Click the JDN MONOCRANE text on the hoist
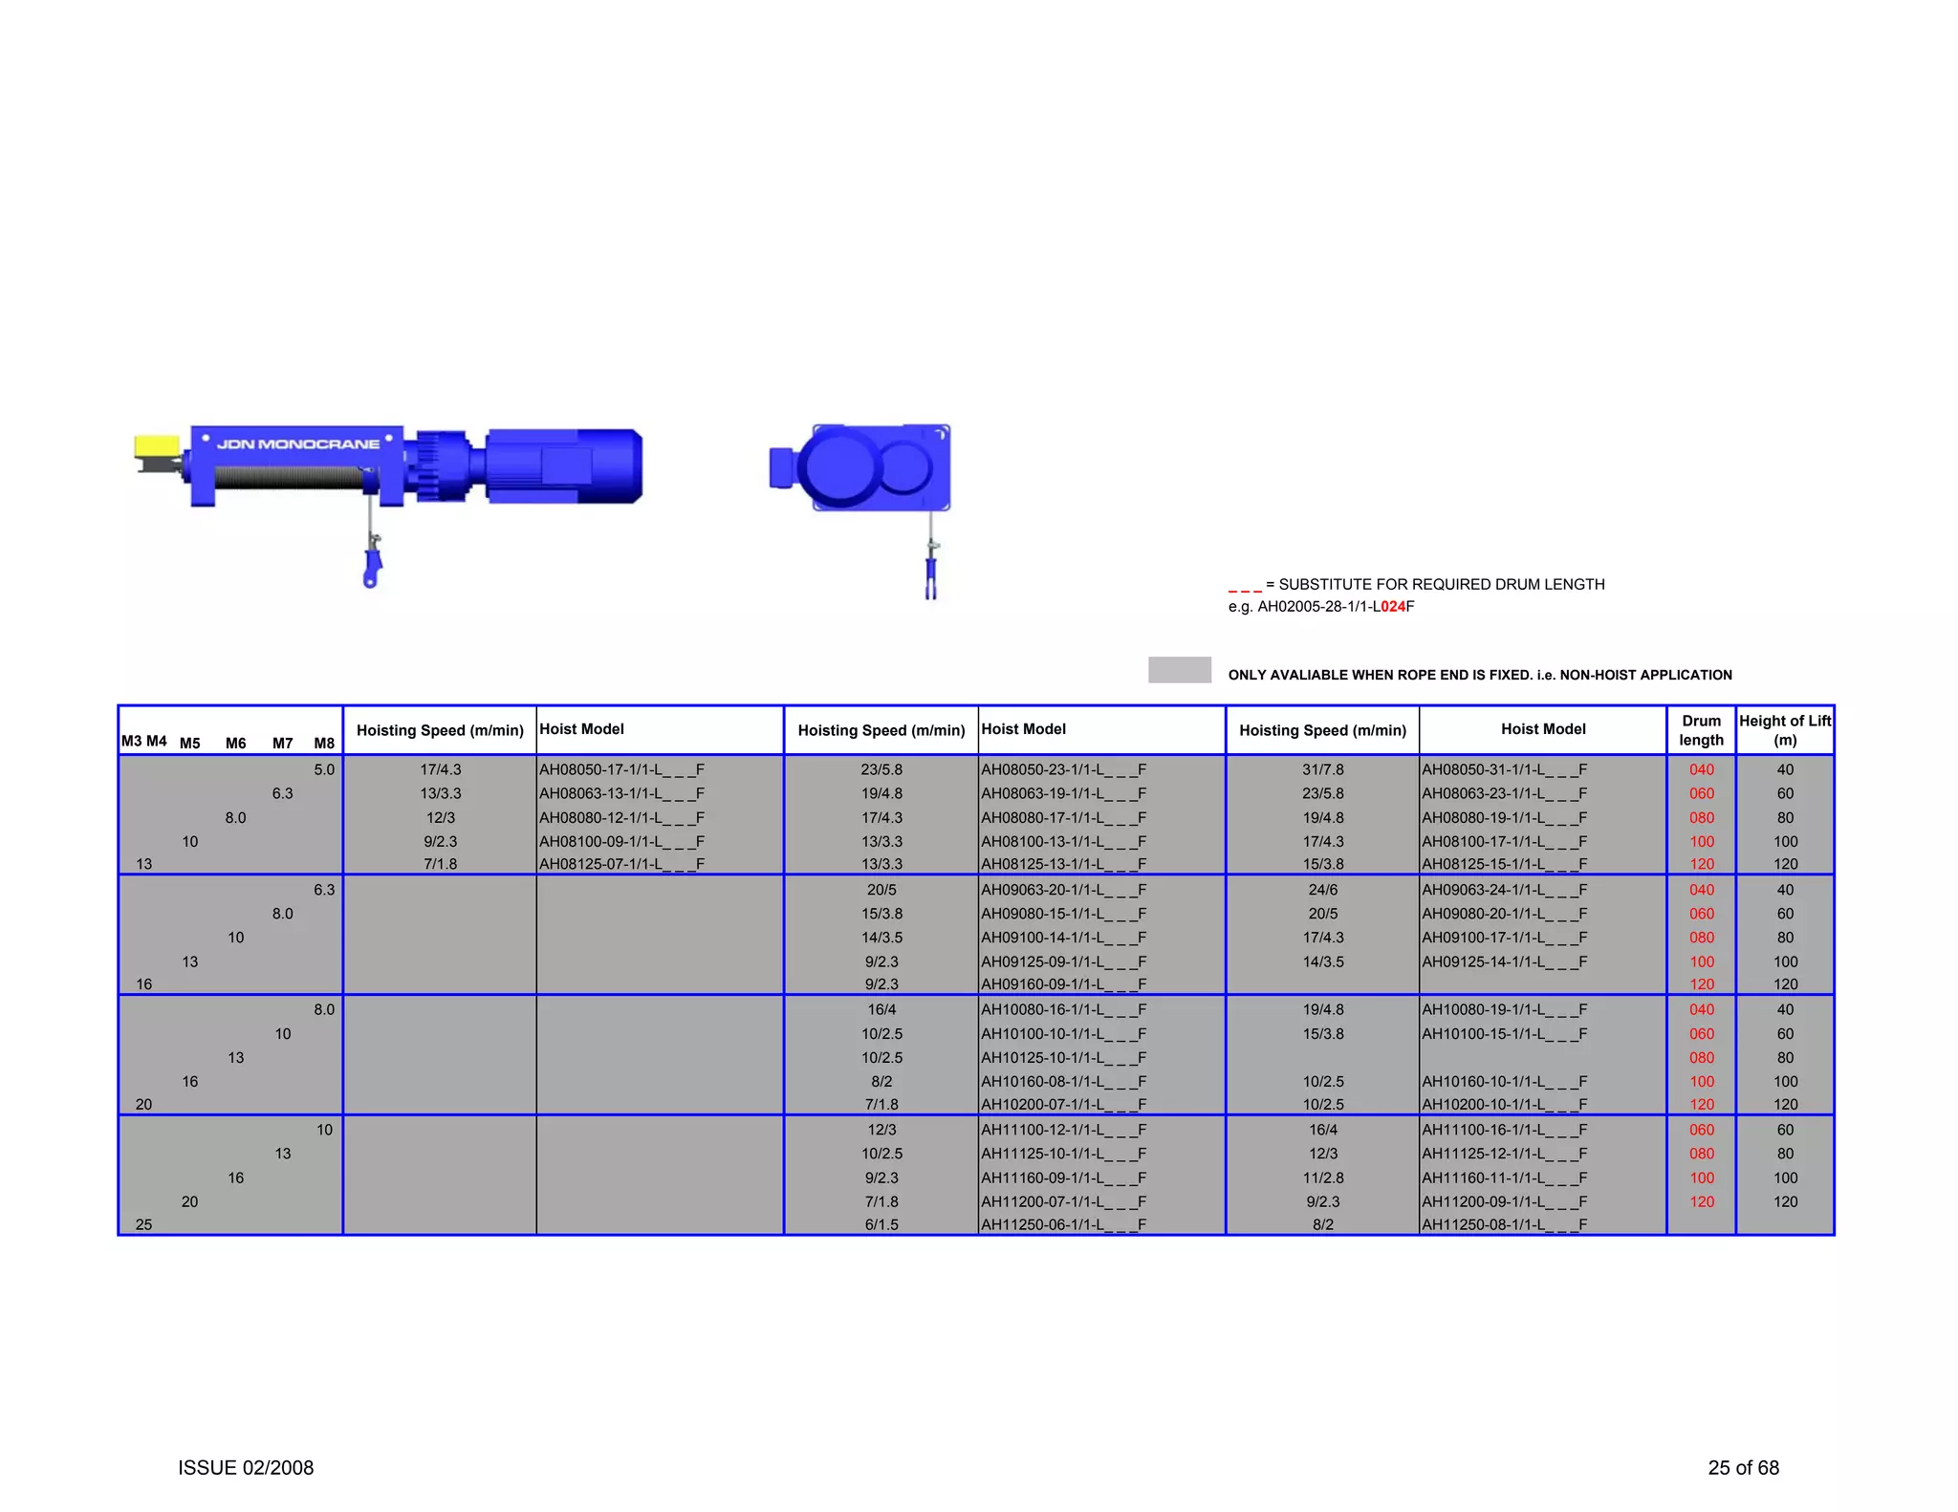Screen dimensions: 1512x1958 297,444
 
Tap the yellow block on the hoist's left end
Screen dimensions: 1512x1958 156,446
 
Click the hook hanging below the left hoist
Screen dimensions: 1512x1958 372,566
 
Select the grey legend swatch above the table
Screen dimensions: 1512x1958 1179,669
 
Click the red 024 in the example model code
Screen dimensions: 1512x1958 1393,607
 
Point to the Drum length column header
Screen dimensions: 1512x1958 1701,730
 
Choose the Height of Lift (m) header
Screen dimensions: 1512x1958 1784,730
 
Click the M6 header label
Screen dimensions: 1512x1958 235,744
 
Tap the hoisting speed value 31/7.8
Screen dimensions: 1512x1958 1322,769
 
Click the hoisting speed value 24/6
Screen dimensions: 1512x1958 1322,890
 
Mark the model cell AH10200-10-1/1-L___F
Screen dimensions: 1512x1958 1504,1105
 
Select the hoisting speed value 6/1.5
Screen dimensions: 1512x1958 881,1224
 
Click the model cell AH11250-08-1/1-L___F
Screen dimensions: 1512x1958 1504,1224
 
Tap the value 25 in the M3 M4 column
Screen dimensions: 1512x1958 143,1224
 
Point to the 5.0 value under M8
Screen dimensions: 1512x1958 324,769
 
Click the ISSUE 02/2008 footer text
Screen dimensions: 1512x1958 246,1468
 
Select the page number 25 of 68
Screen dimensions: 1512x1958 1743,1468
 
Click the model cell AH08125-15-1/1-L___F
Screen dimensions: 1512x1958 1504,864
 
